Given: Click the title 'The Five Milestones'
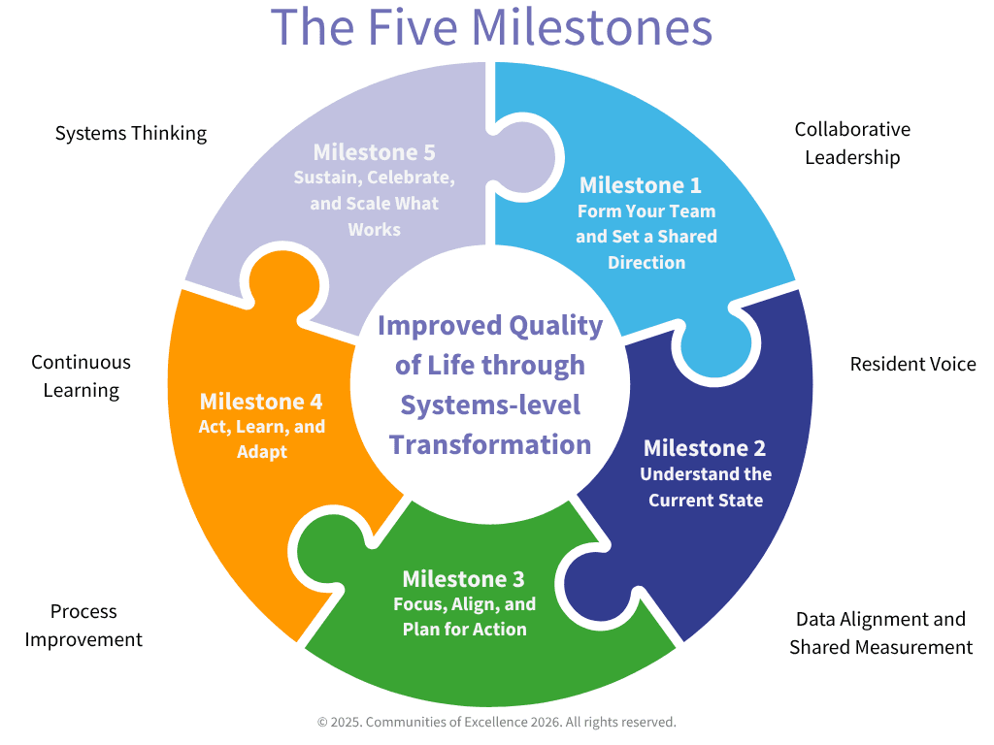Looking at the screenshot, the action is click(491, 27).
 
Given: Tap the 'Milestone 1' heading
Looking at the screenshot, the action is click(641, 185).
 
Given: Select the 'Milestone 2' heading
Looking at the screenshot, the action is click(705, 448).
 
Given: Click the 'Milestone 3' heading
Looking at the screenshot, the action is click(463, 578).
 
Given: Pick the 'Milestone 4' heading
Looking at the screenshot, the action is click(261, 401).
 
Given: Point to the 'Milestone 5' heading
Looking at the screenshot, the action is click(374, 152).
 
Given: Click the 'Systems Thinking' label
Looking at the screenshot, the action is click(131, 133).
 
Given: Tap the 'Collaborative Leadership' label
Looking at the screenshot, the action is click(852, 144).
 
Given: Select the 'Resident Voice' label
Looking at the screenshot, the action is click(912, 364).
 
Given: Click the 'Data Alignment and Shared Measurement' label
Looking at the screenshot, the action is click(881, 632).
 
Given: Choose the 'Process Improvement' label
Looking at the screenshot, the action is click(83, 626).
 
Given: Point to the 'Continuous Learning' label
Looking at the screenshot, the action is click(82, 376).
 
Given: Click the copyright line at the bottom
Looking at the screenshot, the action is click(496, 722).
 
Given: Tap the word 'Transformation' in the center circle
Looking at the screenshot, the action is click(490, 444).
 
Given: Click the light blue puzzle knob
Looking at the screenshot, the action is click(716, 345).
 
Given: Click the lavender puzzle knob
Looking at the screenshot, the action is click(525, 157).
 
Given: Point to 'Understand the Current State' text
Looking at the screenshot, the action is click(706, 487).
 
